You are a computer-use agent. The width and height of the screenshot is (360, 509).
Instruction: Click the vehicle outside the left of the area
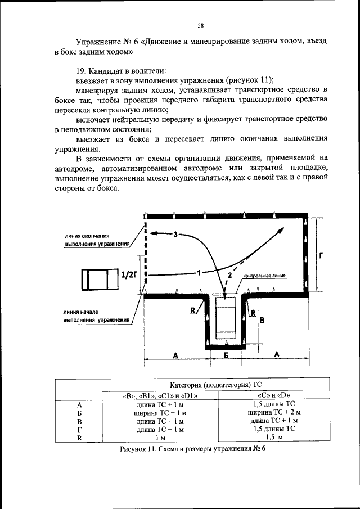[x=99, y=279]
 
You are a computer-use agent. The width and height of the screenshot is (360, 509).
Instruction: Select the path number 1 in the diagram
[x=199, y=273]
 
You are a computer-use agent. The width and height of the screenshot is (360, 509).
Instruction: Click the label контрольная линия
[x=264, y=277]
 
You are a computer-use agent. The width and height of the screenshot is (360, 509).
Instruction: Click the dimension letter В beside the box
[x=260, y=319]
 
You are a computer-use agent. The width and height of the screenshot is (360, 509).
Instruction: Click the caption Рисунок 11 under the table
[x=192, y=449]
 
